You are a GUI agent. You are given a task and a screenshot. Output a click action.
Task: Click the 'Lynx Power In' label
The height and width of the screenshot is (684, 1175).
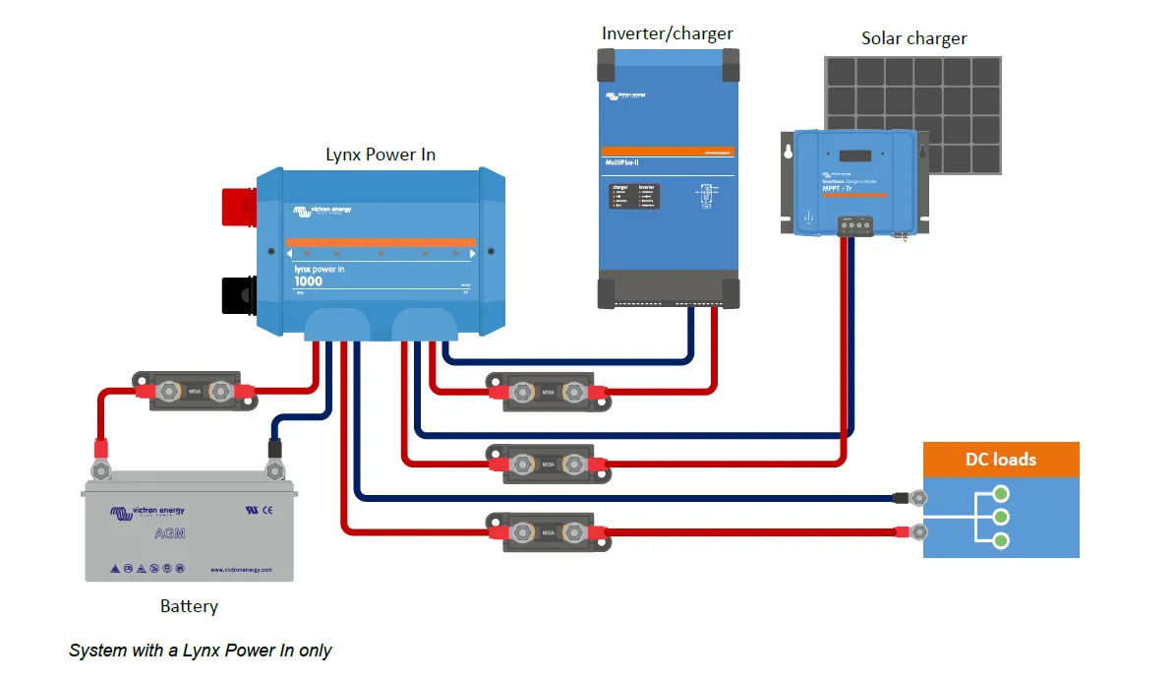(x=381, y=155)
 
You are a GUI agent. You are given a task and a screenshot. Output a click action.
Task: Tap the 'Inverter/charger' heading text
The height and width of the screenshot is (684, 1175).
(x=667, y=33)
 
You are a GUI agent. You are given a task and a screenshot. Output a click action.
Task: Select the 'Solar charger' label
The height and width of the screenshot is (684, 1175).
(x=913, y=39)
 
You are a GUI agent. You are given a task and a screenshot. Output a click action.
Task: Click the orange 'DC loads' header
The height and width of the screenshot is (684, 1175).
(x=1001, y=460)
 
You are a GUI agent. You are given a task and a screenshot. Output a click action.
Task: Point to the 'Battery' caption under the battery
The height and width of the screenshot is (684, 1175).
(x=189, y=606)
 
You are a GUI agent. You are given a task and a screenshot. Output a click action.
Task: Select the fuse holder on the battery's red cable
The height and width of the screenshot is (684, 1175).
(x=194, y=392)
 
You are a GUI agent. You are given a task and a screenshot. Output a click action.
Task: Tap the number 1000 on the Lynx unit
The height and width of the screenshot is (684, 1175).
(x=308, y=281)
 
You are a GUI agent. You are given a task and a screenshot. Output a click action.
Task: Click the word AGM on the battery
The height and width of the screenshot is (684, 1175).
(x=169, y=533)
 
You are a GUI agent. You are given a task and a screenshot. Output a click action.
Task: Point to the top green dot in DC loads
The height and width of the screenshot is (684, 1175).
(x=1001, y=493)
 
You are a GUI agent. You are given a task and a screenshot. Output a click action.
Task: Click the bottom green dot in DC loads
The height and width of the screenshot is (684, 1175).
(x=1001, y=540)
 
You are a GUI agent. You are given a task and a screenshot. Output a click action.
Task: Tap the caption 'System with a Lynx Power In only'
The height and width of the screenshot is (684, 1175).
(x=201, y=651)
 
